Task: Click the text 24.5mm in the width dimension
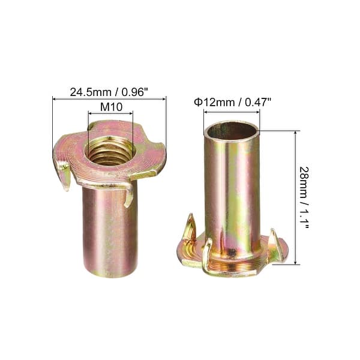click(88, 92)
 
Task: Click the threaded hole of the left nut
click(109, 149)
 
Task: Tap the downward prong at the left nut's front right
click(128, 195)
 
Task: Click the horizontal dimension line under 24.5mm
click(109, 99)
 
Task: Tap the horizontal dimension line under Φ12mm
click(231, 111)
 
